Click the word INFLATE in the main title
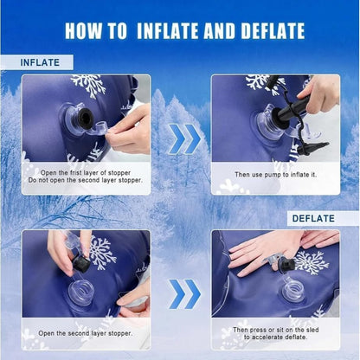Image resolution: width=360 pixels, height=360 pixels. pos(167,31)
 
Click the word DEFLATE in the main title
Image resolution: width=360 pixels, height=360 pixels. pos(273,31)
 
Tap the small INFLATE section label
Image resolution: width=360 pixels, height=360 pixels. pos(40,62)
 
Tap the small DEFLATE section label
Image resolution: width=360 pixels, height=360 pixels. pos(313,218)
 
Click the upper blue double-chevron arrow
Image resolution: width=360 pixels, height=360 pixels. pos(184,138)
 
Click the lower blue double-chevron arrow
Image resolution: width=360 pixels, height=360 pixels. pos(184,294)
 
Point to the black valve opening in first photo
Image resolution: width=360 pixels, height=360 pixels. pos(85,119)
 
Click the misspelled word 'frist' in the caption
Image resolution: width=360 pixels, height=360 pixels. pos(75,173)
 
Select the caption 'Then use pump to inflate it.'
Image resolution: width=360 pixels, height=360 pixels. pos(275,175)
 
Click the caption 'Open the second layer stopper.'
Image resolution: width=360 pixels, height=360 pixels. pos(86,333)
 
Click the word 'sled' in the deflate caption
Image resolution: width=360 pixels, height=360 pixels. pos(312,330)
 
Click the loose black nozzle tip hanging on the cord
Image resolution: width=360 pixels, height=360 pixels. pos(313,148)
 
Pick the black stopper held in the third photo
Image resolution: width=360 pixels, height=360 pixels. pos(81,263)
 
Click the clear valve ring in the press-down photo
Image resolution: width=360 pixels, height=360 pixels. pos(293,289)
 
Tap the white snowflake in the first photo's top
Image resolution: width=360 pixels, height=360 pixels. pos(89,86)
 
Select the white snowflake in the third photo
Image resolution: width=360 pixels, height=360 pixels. pos(101,253)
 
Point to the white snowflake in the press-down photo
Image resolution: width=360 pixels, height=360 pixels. pos(312,261)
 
